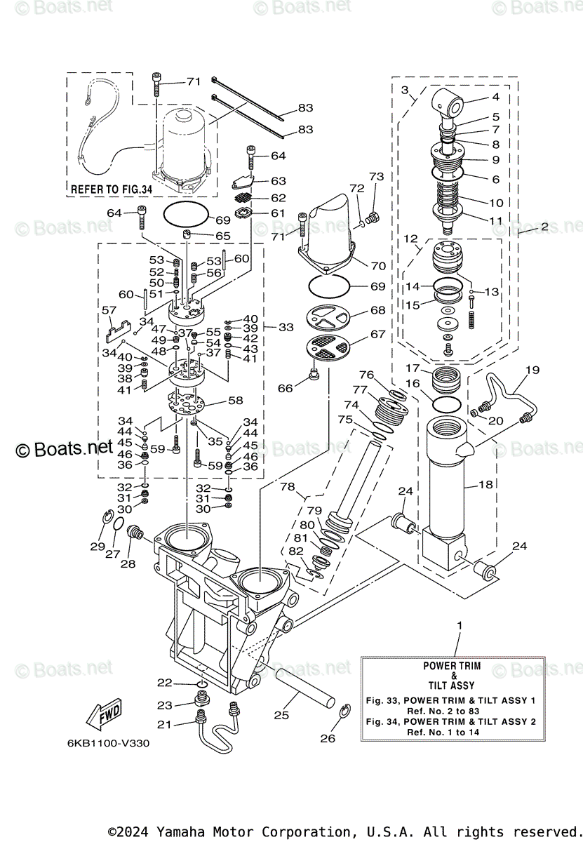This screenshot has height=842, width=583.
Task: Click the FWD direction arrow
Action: [x=104, y=714]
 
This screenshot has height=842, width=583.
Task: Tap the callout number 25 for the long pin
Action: [x=281, y=715]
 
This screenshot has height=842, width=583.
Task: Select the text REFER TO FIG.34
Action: [x=112, y=189]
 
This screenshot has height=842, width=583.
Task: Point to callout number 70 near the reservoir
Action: [x=378, y=266]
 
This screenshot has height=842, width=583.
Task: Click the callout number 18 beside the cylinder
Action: [x=485, y=485]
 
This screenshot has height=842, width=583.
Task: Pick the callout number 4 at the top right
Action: [x=496, y=97]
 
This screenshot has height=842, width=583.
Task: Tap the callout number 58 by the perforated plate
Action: [x=236, y=401]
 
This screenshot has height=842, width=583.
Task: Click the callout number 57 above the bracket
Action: [x=109, y=310]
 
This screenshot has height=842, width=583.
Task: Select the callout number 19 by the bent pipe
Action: [x=532, y=370]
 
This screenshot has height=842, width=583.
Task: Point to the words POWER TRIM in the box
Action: [x=452, y=666]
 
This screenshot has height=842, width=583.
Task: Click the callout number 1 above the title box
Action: [x=460, y=625]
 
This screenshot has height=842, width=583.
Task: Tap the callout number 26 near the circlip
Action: [x=328, y=739]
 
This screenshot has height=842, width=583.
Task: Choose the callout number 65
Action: [x=222, y=236]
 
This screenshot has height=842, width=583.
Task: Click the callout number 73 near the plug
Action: [x=376, y=176]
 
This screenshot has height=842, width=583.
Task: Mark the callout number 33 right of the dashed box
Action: [x=286, y=327]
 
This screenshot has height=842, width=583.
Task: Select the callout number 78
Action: [x=288, y=486]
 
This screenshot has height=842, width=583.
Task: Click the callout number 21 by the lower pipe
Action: [x=164, y=724]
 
